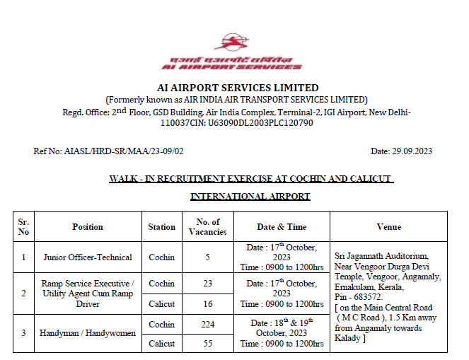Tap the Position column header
point(88,227)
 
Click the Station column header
point(162,227)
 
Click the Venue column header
point(389,227)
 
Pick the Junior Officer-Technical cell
point(88,257)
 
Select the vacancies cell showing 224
point(208,324)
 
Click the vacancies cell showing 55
point(208,343)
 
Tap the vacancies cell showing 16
point(208,303)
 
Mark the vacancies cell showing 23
point(208,284)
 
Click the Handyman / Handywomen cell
point(88,333)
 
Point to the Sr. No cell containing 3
point(24,333)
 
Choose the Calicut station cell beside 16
point(162,303)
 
